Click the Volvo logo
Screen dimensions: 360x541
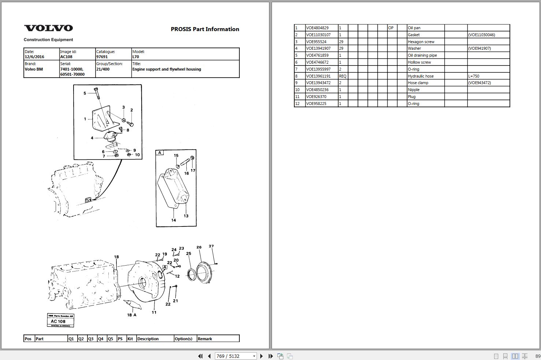click(x=48, y=28)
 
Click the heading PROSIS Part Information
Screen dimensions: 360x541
click(x=205, y=29)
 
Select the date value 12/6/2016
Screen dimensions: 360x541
click(x=34, y=57)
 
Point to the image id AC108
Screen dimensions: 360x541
click(x=66, y=57)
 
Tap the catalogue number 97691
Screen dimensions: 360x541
click(x=102, y=57)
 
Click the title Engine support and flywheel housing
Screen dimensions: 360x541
click(x=167, y=69)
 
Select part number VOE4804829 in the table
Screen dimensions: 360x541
click(x=317, y=28)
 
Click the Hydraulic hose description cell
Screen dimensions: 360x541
click(x=421, y=76)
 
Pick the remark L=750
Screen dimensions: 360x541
click(x=474, y=76)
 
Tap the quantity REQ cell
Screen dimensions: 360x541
click(x=343, y=76)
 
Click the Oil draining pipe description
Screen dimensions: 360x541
click(x=422, y=55)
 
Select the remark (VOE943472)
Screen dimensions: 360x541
click(x=480, y=83)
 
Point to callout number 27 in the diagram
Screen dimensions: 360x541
click(x=211, y=246)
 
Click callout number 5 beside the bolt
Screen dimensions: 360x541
click(x=85, y=93)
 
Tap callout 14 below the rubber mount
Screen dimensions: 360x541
click(x=174, y=220)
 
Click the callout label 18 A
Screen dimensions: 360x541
click(x=131, y=315)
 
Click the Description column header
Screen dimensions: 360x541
click(x=148, y=339)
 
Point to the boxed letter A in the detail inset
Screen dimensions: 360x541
click(x=160, y=153)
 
